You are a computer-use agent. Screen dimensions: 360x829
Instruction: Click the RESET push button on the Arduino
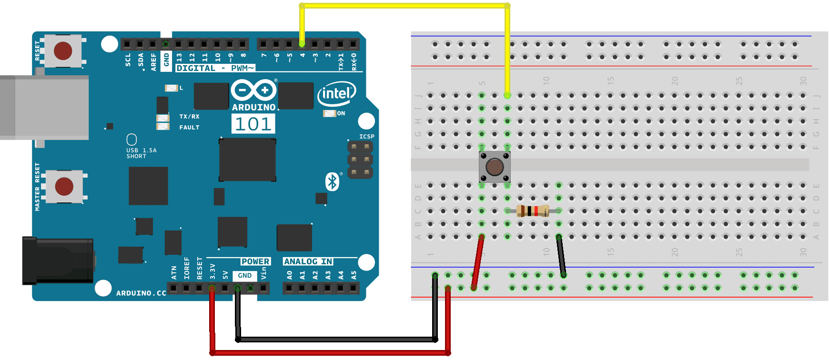tap(63, 50)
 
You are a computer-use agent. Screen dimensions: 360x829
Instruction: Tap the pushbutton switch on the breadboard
tap(495, 167)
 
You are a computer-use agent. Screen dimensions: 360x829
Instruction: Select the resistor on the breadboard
tap(533, 211)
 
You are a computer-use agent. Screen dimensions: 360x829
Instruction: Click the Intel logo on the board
tap(337, 94)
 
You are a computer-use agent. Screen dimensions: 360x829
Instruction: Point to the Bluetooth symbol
tap(332, 181)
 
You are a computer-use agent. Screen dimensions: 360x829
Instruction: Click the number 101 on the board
tap(253, 124)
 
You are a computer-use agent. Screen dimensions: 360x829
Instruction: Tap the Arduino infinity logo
tap(253, 90)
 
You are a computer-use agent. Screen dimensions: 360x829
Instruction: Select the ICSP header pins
tap(360, 160)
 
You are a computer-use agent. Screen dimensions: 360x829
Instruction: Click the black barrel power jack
tap(57, 261)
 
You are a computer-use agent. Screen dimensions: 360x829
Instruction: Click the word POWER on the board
tap(255, 261)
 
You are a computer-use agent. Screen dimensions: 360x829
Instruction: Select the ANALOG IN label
tap(308, 261)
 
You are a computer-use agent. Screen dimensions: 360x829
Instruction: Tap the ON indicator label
tap(341, 113)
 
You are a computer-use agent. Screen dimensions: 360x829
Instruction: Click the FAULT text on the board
tap(189, 128)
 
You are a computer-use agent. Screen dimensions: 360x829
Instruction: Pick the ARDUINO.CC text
tap(141, 293)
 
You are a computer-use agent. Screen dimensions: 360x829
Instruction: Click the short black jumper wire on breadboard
tap(561, 256)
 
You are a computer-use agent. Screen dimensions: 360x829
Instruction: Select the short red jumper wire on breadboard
tap(477, 262)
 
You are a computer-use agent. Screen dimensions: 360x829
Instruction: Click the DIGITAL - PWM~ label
tap(215, 68)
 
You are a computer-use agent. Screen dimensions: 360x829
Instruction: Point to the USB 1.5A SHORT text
tap(141, 153)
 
